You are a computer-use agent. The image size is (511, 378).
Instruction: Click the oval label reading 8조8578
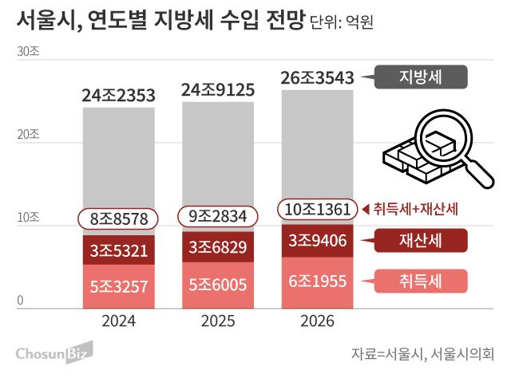[x=119, y=217]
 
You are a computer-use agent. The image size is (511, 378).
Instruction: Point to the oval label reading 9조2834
[x=218, y=216]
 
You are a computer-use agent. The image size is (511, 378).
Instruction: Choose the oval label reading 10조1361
[x=318, y=209]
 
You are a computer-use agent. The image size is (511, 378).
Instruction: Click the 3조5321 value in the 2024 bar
[x=119, y=250]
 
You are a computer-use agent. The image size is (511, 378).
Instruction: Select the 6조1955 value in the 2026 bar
[x=318, y=281]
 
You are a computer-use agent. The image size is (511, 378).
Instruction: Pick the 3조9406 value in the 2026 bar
[x=318, y=239]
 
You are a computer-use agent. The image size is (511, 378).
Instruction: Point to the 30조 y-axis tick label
[x=28, y=51]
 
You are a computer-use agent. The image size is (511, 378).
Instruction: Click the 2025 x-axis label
[x=218, y=323]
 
